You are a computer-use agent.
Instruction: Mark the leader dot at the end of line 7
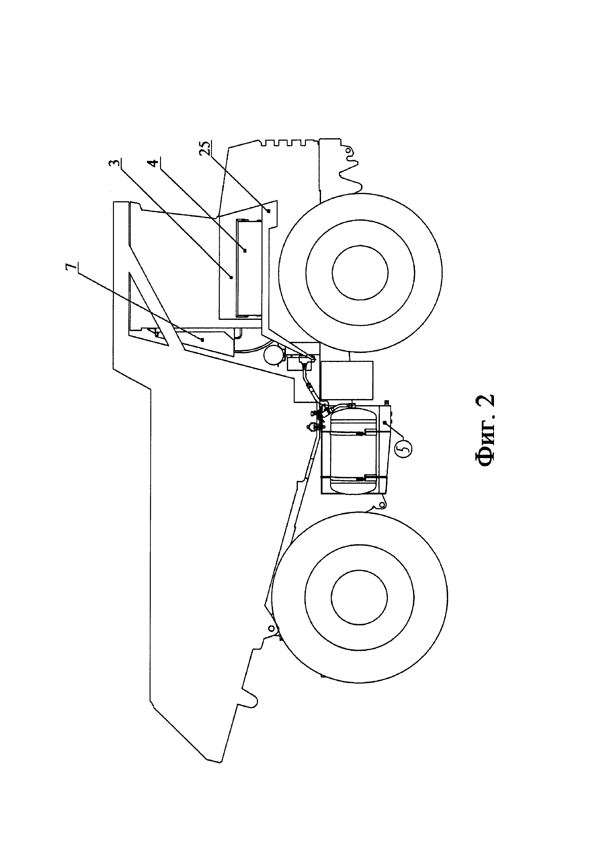tap(202, 340)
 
